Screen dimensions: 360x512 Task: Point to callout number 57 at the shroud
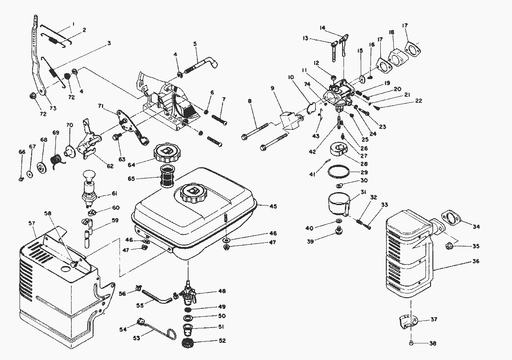tap(31, 224)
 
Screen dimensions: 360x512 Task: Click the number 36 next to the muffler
tap(475, 261)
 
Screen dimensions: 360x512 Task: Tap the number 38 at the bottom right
tap(433, 343)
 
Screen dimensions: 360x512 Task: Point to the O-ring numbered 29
tap(339, 171)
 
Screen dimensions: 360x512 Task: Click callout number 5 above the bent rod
tap(195, 44)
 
